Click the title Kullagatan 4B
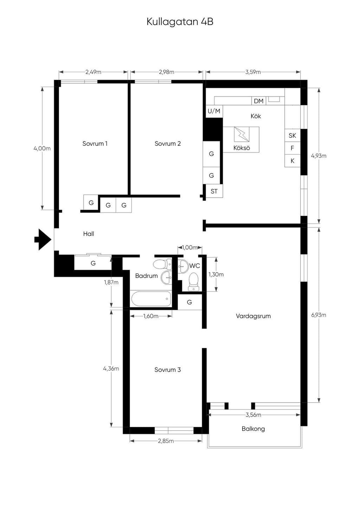pyautogui.click(x=180, y=22)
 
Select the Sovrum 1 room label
pyautogui.click(x=95, y=144)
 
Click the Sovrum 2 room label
pyautogui.click(x=168, y=144)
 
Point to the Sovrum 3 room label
pyautogui.click(x=168, y=370)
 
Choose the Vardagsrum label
pyautogui.click(x=253, y=316)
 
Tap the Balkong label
pyautogui.click(x=253, y=429)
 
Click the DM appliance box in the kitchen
pyautogui.click(x=258, y=101)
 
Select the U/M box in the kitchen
pyautogui.click(x=214, y=111)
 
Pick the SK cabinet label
pyautogui.click(x=292, y=136)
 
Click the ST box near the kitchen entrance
pyautogui.click(x=214, y=191)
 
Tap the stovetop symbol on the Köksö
pyautogui.click(x=242, y=135)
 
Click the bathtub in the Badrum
pyautogui.click(x=151, y=299)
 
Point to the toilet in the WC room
pyautogui.click(x=193, y=282)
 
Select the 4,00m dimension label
pyautogui.click(x=42, y=149)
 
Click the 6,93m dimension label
pyautogui.click(x=319, y=315)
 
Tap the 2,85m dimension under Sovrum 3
pyautogui.click(x=166, y=441)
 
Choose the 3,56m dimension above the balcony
pyautogui.click(x=253, y=415)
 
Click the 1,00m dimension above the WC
pyautogui.click(x=189, y=247)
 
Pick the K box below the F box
pyautogui.click(x=292, y=161)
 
